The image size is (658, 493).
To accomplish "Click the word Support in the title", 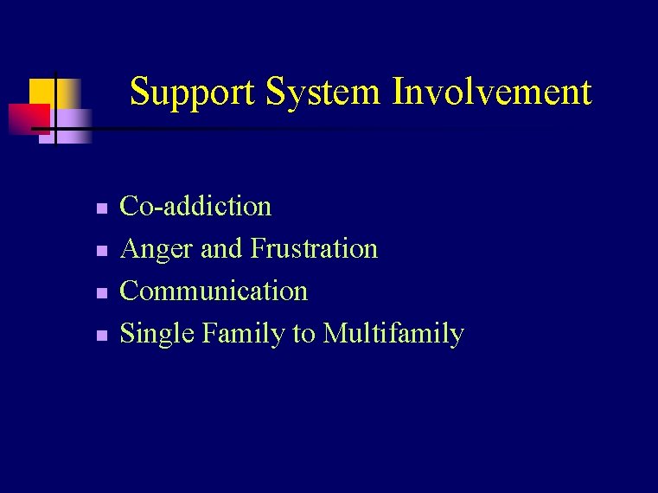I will click(193, 93).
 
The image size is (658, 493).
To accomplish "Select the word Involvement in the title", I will click(492, 91).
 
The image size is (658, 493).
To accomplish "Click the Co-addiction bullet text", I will click(195, 206).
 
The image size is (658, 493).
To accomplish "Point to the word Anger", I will click(157, 250).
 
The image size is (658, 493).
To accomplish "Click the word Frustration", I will click(314, 248).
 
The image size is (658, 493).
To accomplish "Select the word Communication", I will click(214, 291).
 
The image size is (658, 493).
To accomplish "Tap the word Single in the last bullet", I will click(157, 334).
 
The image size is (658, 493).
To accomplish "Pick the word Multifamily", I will click(393, 334).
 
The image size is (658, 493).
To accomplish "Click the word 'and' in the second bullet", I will click(221, 249).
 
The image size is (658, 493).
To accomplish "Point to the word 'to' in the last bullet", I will click(303, 334).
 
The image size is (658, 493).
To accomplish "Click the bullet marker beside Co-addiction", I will click(101, 208).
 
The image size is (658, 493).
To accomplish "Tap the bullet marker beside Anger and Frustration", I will click(101, 251).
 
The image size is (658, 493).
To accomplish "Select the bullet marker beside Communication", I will click(101, 293).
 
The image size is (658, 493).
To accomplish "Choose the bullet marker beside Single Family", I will click(101, 336).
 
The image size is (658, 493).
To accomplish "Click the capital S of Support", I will click(139, 91).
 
